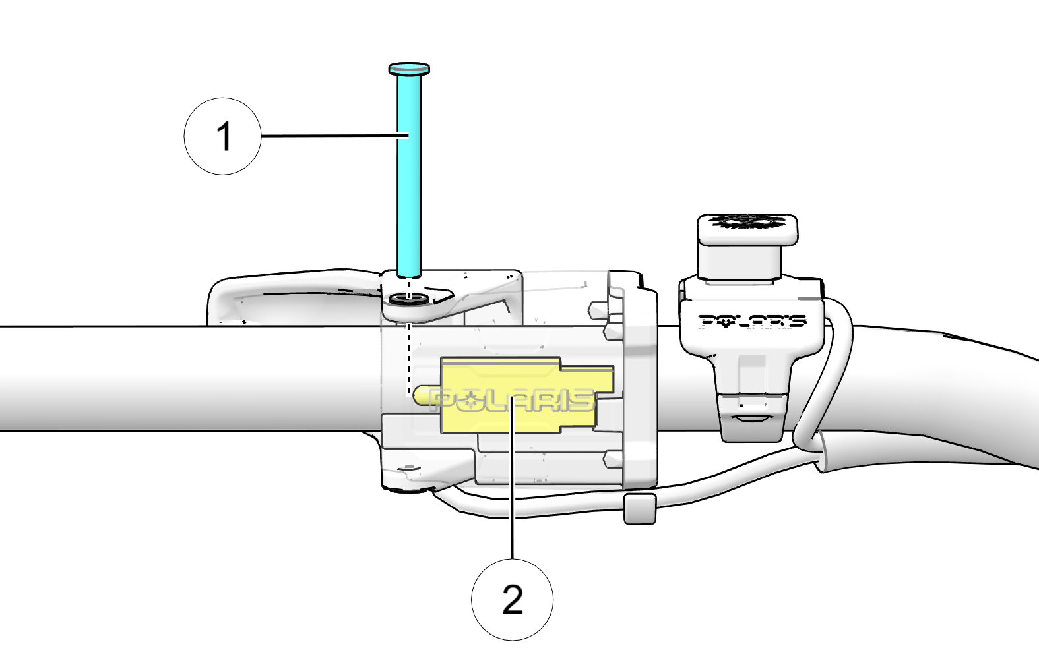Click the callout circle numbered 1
pos(222,136)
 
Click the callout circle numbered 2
pos(512,599)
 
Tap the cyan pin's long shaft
pos(409,198)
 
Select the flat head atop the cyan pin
pos(409,69)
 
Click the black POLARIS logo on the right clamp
pos(752,321)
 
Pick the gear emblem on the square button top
pos(747,221)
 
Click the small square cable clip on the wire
pos(639,509)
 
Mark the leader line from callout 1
pos(330,136)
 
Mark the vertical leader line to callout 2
pos(512,501)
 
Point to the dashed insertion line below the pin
pos(409,356)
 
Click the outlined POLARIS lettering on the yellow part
pos(512,399)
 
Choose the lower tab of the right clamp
pos(752,419)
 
